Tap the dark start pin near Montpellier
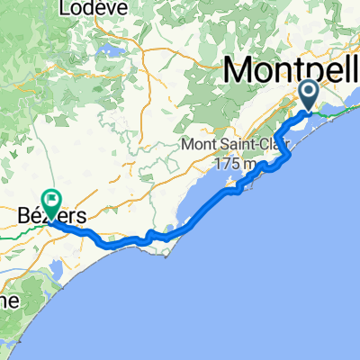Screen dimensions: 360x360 pyautogui.click(x=309, y=94)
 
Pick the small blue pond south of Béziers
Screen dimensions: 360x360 pyautogui.click(x=55, y=267)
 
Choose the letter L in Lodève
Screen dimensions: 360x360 pyautogui.click(x=63, y=7)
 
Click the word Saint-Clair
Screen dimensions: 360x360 pyautogui.click(x=261, y=145)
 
